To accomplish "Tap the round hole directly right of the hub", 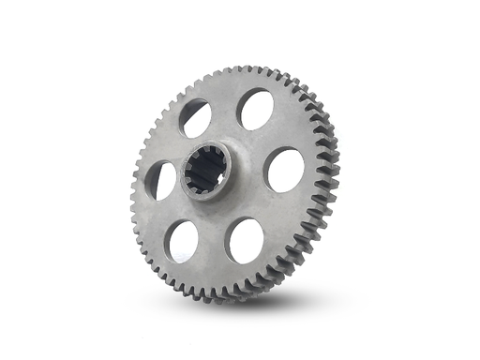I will point(284,170).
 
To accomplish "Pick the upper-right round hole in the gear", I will point(255,109).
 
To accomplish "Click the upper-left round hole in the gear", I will point(195,118).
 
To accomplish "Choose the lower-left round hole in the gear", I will point(184,241).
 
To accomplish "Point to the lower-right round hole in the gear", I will point(246,240).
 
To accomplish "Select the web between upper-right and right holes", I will point(276,137).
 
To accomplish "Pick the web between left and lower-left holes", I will point(169,214).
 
